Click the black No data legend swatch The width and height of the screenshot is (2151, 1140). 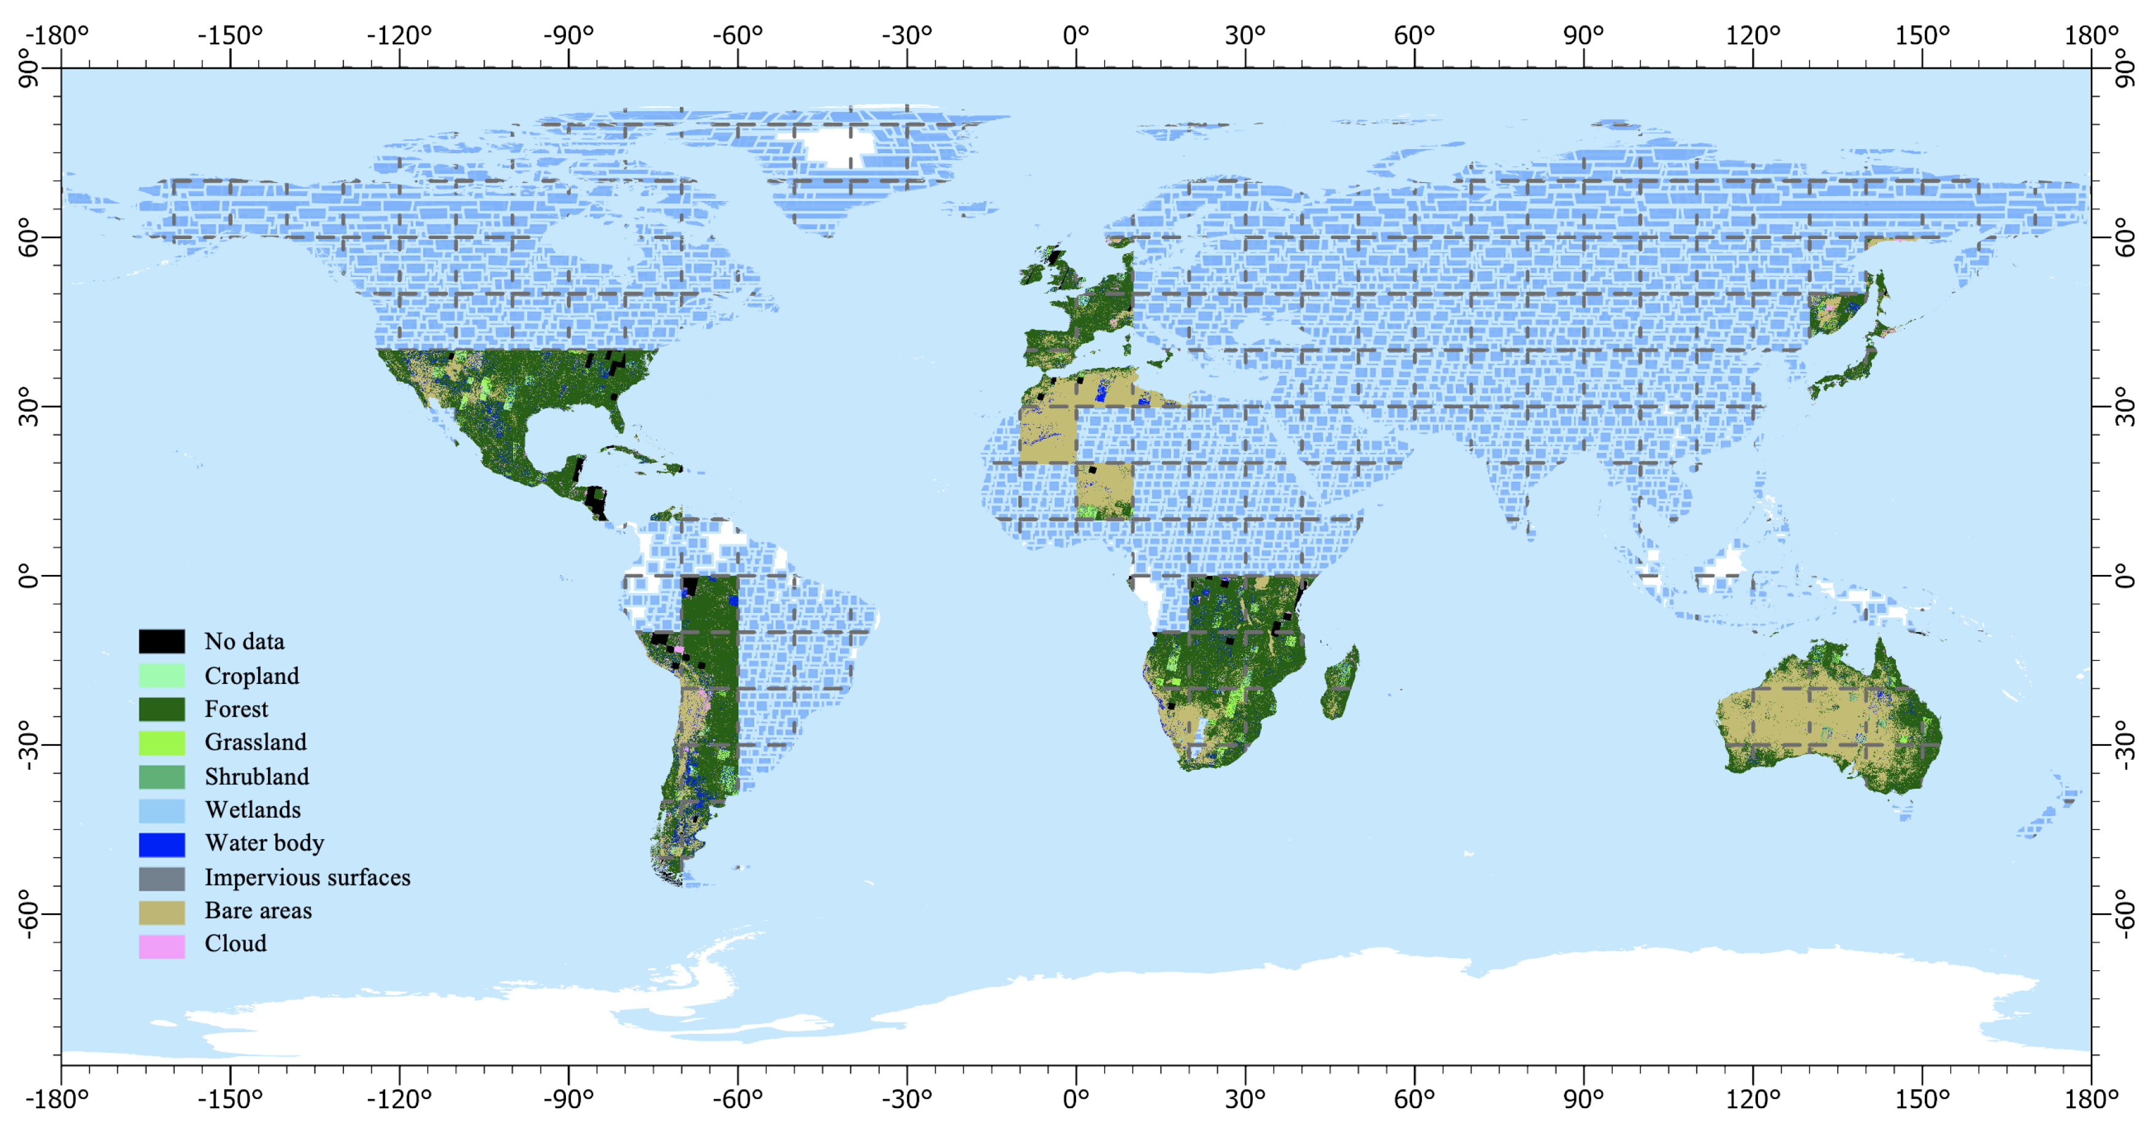click(x=161, y=641)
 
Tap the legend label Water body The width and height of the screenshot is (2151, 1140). click(x=264, y=843)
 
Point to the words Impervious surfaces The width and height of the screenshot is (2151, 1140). click(x=307, y=877)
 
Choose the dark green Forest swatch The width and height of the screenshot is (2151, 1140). click(x=161, y=709)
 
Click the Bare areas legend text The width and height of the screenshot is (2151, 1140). click(x=258, y=911)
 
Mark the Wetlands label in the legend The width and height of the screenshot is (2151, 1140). click(x=252, y=810)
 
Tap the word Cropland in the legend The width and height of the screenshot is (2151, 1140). click(x=251, y=676)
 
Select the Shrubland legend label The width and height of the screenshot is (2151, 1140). click(x=256, y=776)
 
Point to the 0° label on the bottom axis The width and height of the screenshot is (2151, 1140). click(x=1076, y=1098)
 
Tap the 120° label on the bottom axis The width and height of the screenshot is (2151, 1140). click(x=1752, y=1098)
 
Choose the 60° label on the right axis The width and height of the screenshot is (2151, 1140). click(x=2124, y=238)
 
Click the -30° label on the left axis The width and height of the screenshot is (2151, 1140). click(x=28, y=745)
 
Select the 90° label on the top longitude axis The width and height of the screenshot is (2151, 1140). click(x=1583, y=35)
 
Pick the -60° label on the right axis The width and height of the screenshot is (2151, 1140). click(x=2124, y=914)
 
